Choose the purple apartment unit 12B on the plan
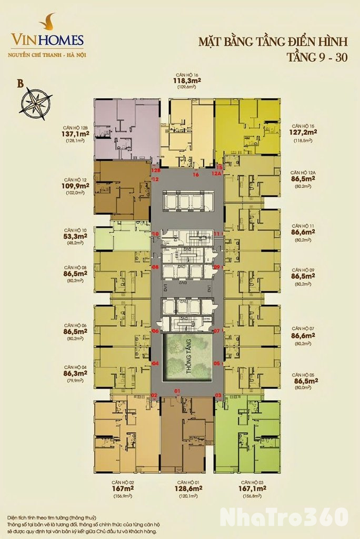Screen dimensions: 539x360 (126, 129)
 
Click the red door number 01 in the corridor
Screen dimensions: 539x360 (177, 391)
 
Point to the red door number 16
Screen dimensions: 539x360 (196, 174)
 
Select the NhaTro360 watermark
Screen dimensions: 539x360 (284, 517)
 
